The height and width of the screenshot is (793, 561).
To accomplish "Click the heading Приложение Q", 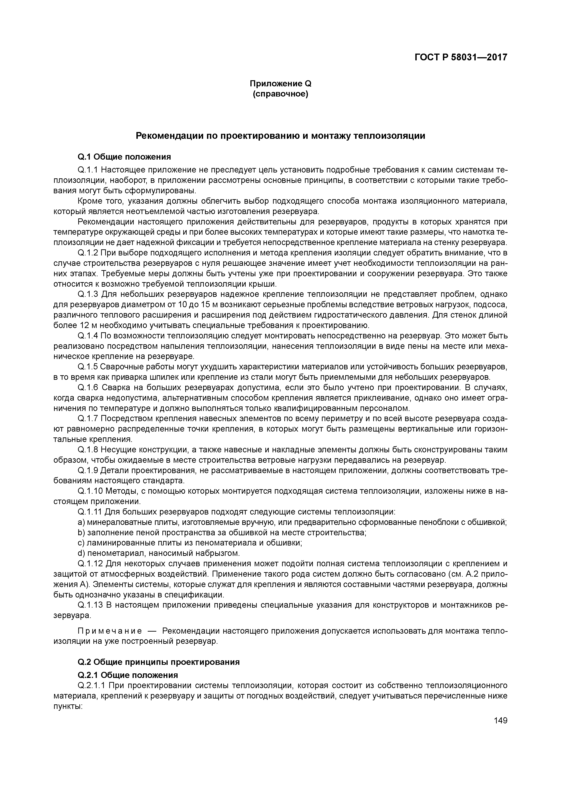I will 280,84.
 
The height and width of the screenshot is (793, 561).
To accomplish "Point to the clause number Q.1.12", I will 90,563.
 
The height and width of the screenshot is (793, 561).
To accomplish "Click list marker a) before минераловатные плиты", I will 82,522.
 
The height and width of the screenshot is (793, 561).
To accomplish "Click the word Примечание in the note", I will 110,631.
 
